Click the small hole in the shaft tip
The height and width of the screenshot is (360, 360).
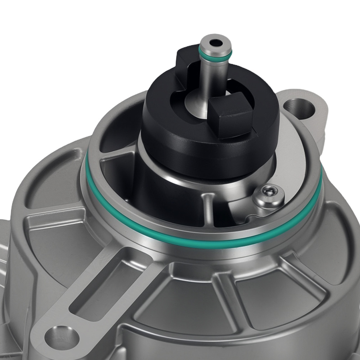coord(216,43)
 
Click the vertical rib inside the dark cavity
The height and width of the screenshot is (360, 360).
coord(208,209)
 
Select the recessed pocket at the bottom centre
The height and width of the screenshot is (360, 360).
coord(187,306)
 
